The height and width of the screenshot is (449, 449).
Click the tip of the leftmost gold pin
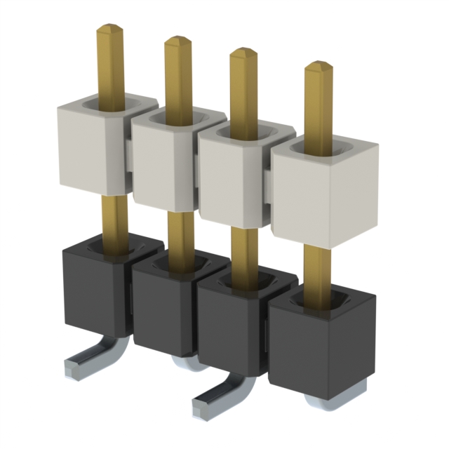point(110,30)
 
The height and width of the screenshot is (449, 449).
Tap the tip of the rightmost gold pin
point(319,69)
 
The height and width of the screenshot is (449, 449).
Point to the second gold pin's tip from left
point(177,43)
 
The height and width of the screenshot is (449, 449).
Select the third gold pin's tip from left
point(243,53)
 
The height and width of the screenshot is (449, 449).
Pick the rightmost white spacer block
point(323,196)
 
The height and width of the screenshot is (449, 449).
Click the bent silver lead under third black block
point(217,400)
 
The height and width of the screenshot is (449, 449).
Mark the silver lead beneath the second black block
point(186,361)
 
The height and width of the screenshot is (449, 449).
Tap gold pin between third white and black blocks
point(243,249)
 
